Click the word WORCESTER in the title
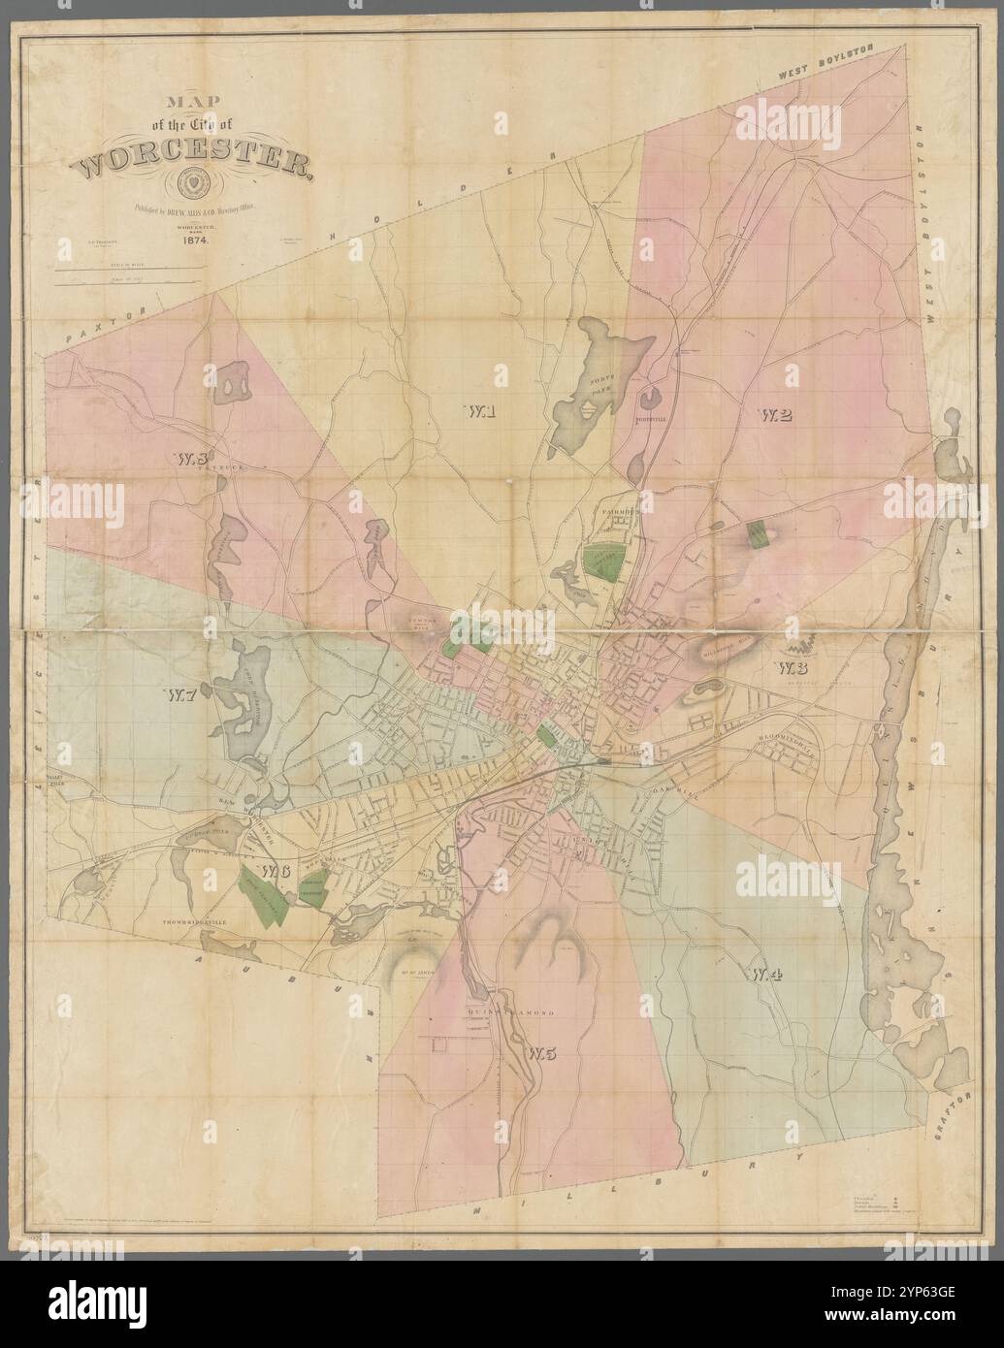point(193,165)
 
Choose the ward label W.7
point(181,694)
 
